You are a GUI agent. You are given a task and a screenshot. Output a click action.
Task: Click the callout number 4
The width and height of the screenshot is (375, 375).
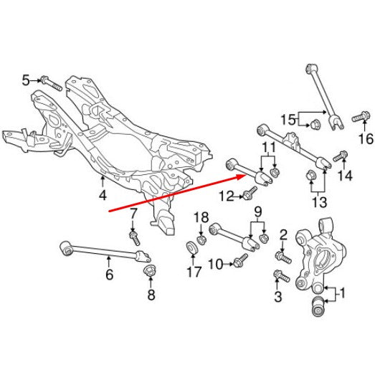[x=103, y=196]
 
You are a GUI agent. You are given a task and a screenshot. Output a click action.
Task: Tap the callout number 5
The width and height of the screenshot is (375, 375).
[x=26, y=80]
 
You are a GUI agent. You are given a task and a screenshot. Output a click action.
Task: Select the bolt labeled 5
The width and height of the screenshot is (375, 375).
[x=52, y=83]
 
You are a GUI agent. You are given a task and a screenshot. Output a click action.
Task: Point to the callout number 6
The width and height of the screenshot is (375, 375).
[x=109, y=275]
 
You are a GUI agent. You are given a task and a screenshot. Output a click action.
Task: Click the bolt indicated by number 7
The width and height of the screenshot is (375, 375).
[x=134, y=237]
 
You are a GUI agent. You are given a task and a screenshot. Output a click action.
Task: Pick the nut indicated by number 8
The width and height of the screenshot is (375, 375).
[x=149, y=270]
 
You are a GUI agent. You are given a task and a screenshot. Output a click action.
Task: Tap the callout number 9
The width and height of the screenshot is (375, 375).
[x=257, y=212]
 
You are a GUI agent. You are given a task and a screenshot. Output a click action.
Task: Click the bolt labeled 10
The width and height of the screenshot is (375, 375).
[x=240, y=260]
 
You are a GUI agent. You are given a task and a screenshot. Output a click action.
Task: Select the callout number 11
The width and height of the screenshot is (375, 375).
[x=269, y=147]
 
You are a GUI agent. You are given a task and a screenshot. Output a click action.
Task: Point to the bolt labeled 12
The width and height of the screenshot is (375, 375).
[x=250, y=193]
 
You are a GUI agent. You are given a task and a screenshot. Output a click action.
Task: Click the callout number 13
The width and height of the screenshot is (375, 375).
[x=320, y=203]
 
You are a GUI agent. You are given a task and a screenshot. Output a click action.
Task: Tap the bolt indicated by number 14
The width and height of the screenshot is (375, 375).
[x=341, y=156]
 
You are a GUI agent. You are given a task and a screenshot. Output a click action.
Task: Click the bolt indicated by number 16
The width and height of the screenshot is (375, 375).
[x=360, y=116]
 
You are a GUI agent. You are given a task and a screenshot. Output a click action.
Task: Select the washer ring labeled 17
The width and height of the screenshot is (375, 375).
[x=192, y=248]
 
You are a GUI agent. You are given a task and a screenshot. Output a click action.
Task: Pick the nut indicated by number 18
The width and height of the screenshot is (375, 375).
[x=201, y=240]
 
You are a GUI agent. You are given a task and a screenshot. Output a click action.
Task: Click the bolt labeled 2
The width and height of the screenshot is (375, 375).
[x=283, y=257]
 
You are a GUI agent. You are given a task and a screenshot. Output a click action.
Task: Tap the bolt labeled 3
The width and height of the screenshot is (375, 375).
[x=282, y=276]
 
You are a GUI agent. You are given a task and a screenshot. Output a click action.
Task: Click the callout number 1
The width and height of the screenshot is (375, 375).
[x=342, y=293]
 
